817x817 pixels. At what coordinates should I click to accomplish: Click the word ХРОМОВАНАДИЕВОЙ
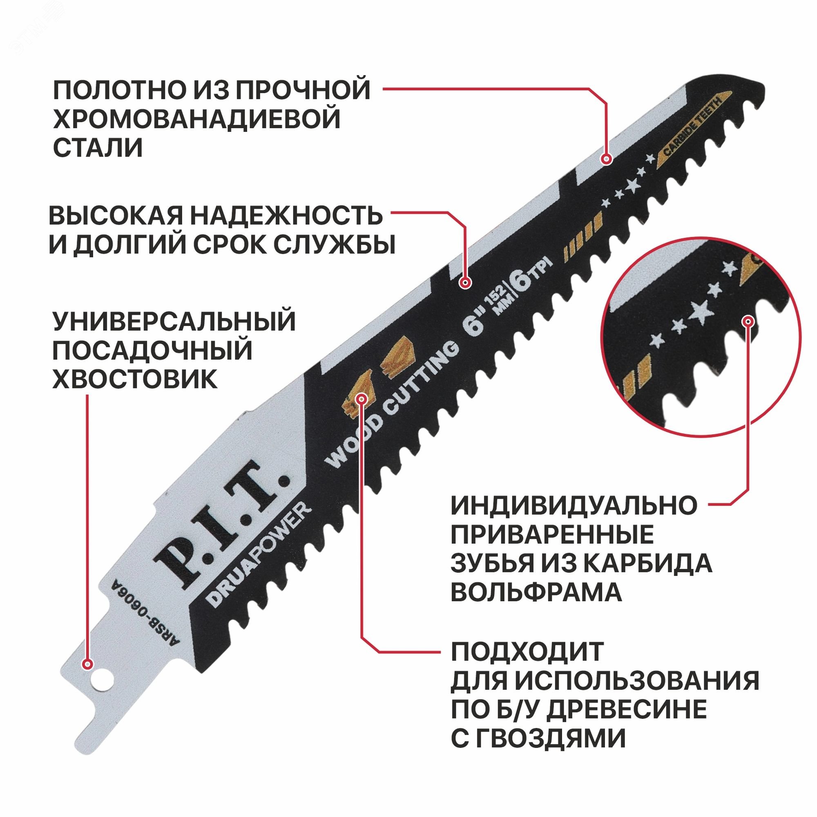[196, 119]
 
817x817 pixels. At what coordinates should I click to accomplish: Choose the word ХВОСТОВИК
[135, 379]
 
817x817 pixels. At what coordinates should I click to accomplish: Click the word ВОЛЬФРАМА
[536, 592]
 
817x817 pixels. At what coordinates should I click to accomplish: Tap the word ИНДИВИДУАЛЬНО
[574, 505]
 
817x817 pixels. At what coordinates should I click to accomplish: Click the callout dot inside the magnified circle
[748, 321]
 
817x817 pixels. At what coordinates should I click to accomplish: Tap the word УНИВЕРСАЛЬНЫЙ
[174, 322]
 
